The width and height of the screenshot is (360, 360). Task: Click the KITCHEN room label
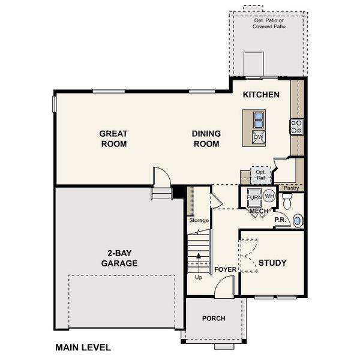(261, 95)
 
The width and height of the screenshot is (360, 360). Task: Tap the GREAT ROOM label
(113, 139)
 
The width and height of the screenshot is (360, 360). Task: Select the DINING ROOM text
(206, 139)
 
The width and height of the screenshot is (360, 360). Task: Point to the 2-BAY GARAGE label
(119, 258)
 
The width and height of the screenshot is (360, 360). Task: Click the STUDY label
(272, 263)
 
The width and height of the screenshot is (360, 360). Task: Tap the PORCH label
(214, 318)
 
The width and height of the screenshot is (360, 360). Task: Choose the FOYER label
(225, 269)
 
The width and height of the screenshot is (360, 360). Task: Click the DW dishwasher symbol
(259, 137)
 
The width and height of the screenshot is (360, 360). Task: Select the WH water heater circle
(269, 196)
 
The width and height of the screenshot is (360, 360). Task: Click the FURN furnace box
(254, 197)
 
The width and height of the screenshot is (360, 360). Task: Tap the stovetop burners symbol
(296, 127)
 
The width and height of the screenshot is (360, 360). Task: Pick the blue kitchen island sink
(259, 120)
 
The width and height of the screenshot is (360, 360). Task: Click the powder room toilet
(287, 200)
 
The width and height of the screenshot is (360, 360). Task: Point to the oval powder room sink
(298, 221)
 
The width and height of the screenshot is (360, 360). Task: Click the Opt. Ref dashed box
(261, 175)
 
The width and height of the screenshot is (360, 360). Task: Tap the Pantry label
(291, 188)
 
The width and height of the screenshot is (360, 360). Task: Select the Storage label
(199, 220)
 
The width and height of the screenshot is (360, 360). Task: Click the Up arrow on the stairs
(199, 262)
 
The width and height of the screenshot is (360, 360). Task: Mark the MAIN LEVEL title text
(83, 347)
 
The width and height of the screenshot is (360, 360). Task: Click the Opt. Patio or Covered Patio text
(269, 23)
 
